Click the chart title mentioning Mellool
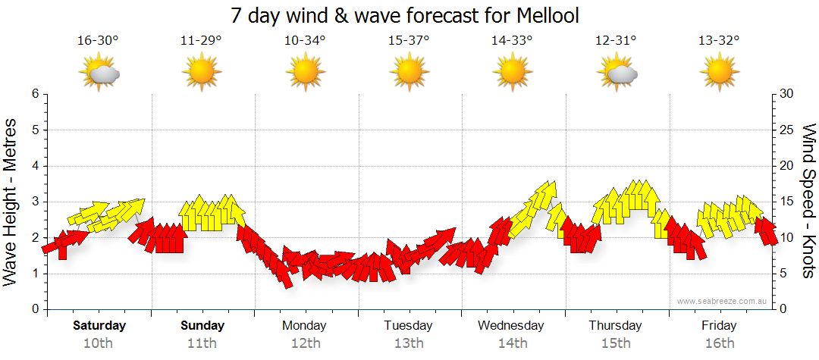click(x=410, y=15)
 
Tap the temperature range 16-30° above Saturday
click(x=98, y=41)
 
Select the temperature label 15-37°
click(x=408, y=41)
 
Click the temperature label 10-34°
click(x=305, y=41)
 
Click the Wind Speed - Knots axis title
click(x=808, y=202)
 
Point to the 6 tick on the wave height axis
click(x=34, y=94)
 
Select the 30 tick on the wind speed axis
click(x=786, y=94)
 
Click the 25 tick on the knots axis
click(x=786, y=130)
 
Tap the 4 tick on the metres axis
click(x=34, y=166)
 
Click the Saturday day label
click(x=99, y=326)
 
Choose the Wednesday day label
click(x=511, y=326)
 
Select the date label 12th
click(x=305, y=343)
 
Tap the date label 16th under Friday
click(x=719, y=343)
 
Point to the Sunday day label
click(x=202, y=326)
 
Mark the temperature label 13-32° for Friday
click(x=719, y=41)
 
